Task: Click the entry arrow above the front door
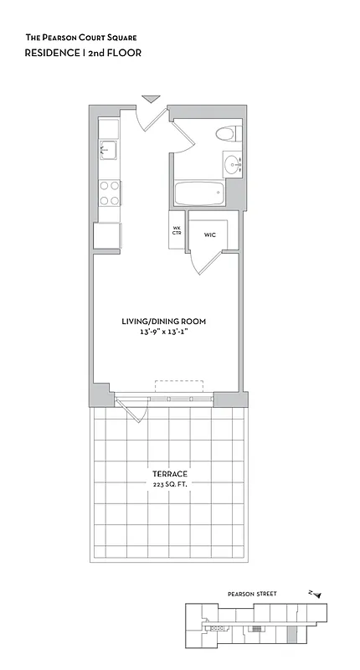[151, 99]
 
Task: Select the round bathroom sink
[231, 162]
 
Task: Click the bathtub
[200, 193]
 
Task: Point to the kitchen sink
[106, 151]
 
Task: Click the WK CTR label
[177, 230]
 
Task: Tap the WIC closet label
[209, 235]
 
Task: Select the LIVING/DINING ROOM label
[164, 322]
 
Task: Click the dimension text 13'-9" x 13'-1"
[164, 332]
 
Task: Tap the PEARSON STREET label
[251, 594]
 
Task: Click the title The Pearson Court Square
[80, 38]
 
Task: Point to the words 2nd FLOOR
[117, 52]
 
